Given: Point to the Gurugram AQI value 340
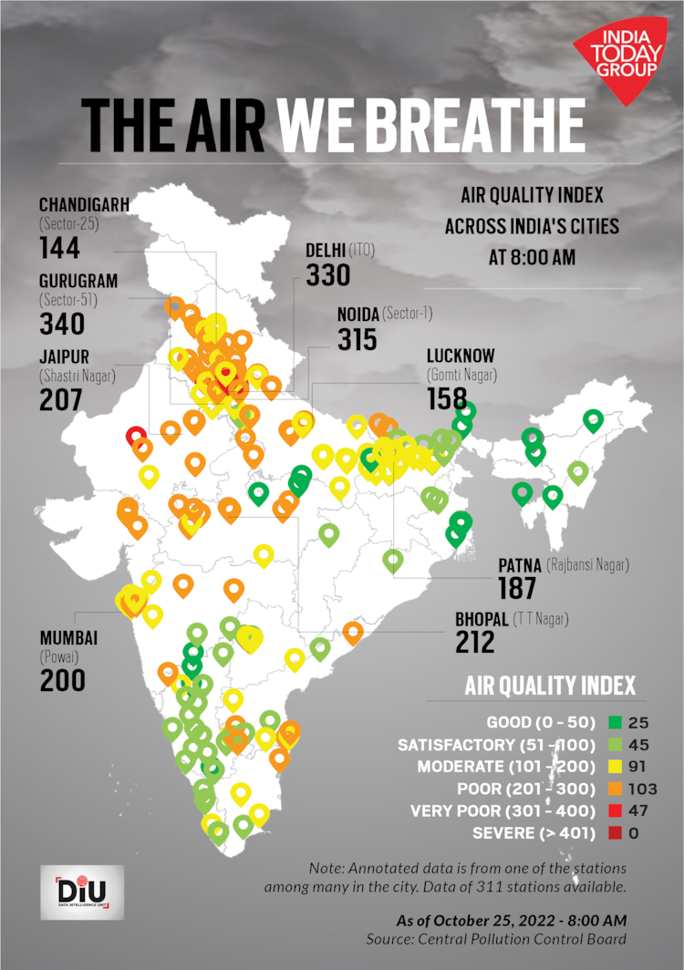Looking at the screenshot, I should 61,324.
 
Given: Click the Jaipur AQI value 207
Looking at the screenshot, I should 60,398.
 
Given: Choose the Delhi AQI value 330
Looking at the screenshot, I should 327,274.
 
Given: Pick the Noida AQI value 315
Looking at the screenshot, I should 357,339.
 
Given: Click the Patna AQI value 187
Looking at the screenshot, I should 517,588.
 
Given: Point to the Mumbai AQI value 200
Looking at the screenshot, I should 62,680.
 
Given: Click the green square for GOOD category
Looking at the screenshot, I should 615,723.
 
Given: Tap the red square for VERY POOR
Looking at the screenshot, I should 615,810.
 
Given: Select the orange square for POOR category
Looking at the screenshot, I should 615,789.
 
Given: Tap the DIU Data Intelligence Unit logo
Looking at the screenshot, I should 81,893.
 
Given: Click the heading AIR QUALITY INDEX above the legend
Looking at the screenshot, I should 550,686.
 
